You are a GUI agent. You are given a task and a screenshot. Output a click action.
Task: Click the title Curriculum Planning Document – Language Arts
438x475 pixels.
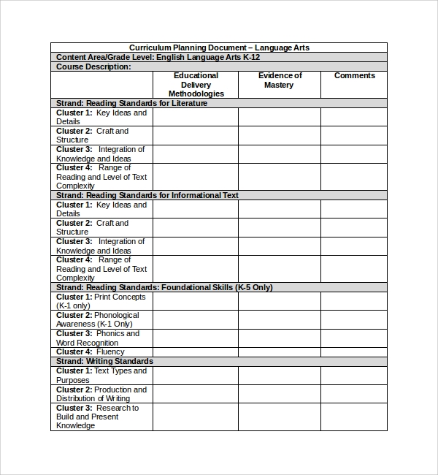[219, 47]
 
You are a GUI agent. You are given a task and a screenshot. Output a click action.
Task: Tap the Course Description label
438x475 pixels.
[93, 66]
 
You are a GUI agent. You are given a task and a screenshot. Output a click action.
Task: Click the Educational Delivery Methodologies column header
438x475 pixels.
[196, 84]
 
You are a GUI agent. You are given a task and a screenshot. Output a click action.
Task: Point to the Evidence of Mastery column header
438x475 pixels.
[280, 80]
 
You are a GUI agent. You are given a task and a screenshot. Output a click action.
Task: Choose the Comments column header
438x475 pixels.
[354, 75]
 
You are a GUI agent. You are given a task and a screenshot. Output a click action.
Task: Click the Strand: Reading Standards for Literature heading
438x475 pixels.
[131, 103]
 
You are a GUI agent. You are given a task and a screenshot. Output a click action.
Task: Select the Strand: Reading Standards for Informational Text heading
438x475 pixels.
[147, 195]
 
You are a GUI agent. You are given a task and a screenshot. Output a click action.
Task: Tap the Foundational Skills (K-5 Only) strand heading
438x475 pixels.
[164, 287]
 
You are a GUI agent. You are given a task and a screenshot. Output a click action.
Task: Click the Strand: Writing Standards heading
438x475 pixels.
[104, 361]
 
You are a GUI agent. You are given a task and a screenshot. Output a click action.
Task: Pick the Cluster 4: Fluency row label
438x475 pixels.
[91, 351]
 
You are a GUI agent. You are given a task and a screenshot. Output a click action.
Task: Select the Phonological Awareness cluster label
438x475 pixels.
[97, 319]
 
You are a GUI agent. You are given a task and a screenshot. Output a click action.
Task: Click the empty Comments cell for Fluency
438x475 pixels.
[354, 351]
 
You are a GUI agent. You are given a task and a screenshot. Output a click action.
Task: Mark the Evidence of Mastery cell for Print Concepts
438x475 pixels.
[280, 301]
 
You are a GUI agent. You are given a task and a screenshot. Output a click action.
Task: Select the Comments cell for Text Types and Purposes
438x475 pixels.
[354, 375]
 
